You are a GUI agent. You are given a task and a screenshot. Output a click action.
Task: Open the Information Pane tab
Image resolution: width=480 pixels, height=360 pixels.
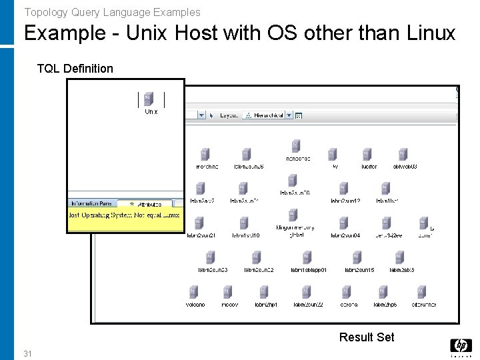click(x=93, y=203)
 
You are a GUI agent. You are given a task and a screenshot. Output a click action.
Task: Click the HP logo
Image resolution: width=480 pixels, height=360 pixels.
click(x=461, y=346)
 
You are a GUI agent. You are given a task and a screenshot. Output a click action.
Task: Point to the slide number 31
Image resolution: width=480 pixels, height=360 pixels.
click(x=28, y=353)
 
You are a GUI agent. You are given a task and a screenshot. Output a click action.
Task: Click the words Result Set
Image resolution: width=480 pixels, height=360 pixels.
click(x=366, y=337)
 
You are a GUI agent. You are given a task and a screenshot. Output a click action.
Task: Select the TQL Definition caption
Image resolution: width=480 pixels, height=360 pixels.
click(x=75, y=68)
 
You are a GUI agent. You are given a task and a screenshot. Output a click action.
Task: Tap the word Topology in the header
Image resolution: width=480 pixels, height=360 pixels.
click(x=45, y=12)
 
